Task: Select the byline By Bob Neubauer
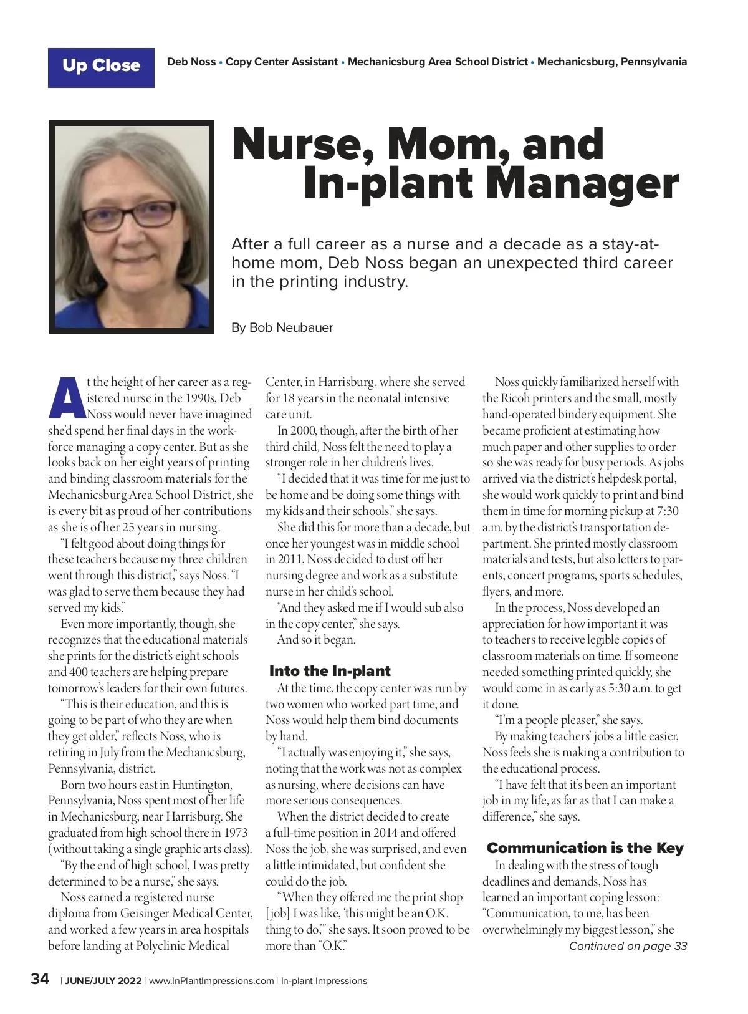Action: pyautogui.click(x=282, y=327)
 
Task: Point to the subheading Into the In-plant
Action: pyautogui.click(x=330, y=671)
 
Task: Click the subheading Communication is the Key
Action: pyautogui.click(x=585, y=848)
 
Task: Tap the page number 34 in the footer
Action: pyautogui.click(x=40, y=979)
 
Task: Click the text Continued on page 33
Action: pyautogui.click(x=628, y=946)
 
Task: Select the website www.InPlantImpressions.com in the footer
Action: pyautogui.click(x=211, y=981)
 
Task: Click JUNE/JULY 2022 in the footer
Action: pyautogui.click(x=103, y=981)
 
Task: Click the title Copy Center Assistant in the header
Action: pyautogui.click(x=282, y=62)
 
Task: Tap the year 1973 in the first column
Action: pyautogui.click(x=235, y=833)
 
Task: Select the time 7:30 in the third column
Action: pyautogui.click(x=666, y=511)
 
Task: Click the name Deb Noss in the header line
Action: pyautogui.click(x=191, y=62)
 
